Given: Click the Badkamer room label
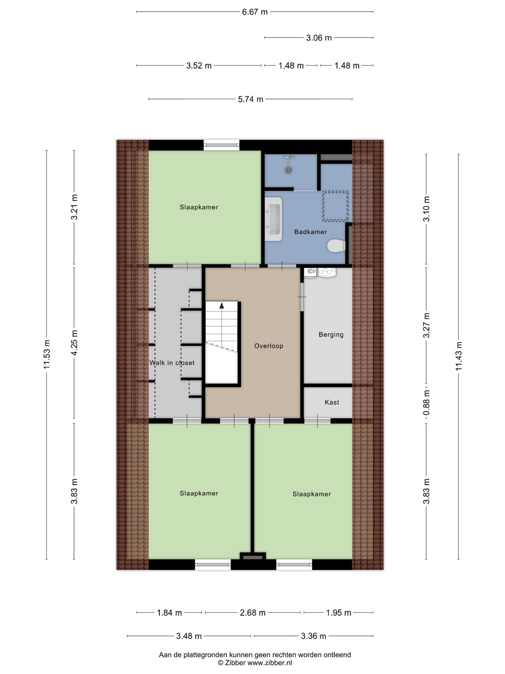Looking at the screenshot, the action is [310, 232].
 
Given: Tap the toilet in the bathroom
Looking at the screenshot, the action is [336, 246].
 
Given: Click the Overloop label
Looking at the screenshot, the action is [269, 346].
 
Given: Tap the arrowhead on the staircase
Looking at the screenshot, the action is [222, 305].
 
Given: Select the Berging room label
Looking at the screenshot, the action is [331, 335].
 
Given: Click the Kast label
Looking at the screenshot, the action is [331, 402].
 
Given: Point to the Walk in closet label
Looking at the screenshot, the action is [172, 363].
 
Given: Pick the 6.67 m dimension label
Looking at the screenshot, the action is [255, 12].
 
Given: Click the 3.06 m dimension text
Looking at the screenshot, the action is [319, 38].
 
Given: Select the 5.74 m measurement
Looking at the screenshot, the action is [250, 99].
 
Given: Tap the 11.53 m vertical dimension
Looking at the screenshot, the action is [47, 354].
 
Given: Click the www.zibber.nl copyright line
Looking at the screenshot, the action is [255, 662].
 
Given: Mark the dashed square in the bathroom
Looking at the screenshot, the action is [335, 206].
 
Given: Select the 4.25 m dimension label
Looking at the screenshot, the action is [74, 342].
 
